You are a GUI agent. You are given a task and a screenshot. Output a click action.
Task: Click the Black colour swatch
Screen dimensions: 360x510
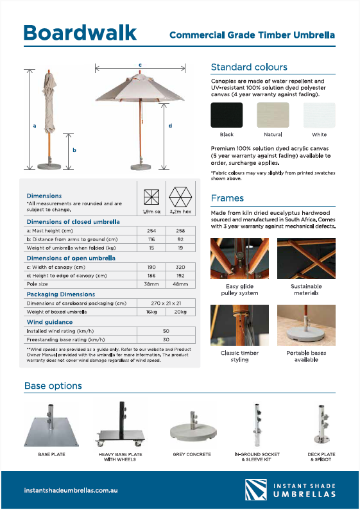(227, 115)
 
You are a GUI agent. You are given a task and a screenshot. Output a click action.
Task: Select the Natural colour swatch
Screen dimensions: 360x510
(273, 115)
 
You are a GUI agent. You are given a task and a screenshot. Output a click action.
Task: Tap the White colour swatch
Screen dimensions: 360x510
(320, 115)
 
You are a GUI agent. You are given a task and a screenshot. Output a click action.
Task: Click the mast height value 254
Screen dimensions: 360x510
(151, 230)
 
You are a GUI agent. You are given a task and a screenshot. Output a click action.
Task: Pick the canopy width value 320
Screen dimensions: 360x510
(180, 267)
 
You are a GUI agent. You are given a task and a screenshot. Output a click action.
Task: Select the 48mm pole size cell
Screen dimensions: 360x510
(180, 284)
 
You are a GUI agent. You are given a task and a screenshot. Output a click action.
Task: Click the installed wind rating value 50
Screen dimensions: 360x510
(166, 331)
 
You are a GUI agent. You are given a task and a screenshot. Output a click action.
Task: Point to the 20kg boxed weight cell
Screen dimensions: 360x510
(180, 312)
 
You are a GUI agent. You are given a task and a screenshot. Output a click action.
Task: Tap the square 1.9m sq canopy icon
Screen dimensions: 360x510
(151, 197)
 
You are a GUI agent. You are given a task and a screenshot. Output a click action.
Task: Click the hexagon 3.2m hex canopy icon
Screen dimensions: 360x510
(180, 197)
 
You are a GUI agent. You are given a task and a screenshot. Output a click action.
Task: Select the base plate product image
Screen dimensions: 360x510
(51, 425)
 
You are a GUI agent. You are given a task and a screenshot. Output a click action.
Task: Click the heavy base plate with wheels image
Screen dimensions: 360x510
(121, 424)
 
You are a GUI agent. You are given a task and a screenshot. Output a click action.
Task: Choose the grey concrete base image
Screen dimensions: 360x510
(193, 427)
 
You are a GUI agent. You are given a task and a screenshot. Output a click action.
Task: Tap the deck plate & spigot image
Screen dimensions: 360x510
(321, 425)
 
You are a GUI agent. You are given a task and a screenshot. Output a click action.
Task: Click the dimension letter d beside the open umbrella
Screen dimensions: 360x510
(170, 126)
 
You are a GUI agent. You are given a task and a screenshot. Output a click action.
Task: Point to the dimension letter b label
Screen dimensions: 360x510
(74, 150)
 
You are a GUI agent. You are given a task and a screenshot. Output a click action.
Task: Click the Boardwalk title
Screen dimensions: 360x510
(80, 33)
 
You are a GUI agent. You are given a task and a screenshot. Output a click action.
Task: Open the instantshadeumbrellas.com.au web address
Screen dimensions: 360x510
(71, 490)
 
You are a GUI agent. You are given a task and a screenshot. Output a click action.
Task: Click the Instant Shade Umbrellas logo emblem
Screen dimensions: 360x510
(256, 489)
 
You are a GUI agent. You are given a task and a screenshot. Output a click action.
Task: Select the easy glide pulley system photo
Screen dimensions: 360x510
(239, 259)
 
